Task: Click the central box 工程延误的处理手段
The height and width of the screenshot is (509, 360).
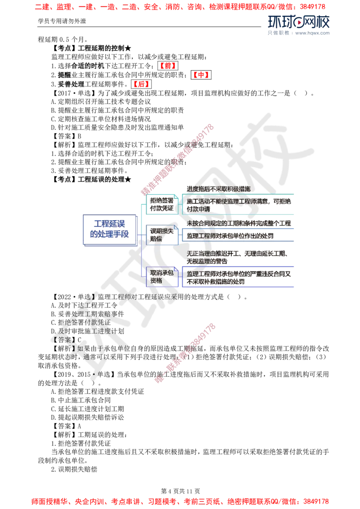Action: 109,229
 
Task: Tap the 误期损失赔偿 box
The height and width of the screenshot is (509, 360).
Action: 161,234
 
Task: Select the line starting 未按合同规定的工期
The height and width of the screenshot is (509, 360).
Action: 239,223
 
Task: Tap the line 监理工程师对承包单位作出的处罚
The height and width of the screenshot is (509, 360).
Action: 230,236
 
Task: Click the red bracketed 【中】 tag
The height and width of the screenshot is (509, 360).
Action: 201,75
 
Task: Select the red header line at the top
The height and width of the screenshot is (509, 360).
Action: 180,7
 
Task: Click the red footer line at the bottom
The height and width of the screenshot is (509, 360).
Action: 180,500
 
